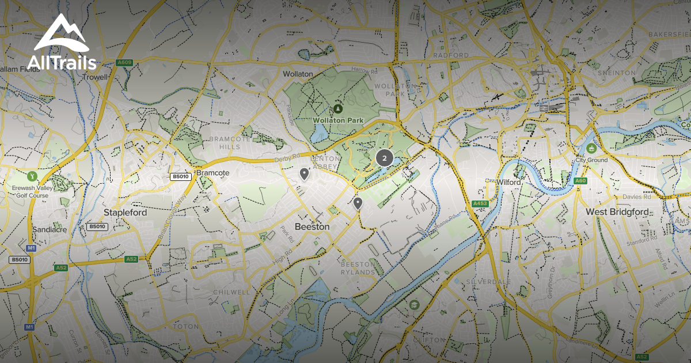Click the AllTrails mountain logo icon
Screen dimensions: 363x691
point(60,33)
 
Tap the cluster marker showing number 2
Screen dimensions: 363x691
point(384,157)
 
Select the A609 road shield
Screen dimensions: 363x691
point(124,63)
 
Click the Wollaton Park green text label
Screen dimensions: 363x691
point(336,120)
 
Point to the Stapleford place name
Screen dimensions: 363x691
point(125,212)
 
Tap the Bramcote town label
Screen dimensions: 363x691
point(213,173)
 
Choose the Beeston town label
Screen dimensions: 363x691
point(312,226)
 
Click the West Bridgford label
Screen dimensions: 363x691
point(617,211)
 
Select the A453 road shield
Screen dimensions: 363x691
point(480,203)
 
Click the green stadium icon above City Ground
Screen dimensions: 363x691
point(591,148)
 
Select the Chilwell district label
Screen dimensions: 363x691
point(231,292)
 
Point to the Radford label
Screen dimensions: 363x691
point(451,55)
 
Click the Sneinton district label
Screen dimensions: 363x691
point(616,73)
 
